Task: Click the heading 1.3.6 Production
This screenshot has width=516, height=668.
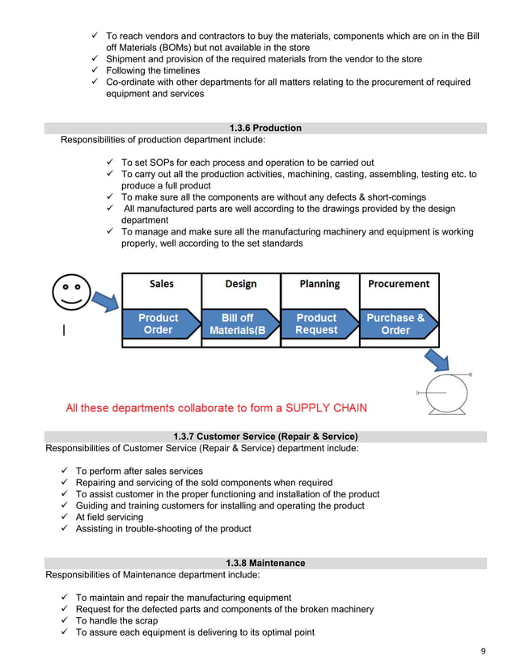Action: pyautogui.click(x=265, y=128)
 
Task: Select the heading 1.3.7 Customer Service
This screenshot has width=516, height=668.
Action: pyautogui.click(x=265, y=437)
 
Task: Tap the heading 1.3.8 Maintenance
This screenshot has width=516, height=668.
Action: pyautogui.click(x=265, y=563)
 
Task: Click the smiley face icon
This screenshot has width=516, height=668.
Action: pyautogui.click(x=70, y=290)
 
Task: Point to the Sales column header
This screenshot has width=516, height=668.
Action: pyautogui.click(x=161, y=284)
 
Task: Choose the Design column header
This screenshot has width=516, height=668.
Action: pyautogui.click(x=240, y=284)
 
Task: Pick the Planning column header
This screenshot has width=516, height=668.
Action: pyautogui.click(x=319, y=284)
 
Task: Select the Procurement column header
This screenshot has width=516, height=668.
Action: pyautogui.click(x=399, y=284)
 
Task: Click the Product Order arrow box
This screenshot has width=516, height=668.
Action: pyautogui.click(x=159, y=324)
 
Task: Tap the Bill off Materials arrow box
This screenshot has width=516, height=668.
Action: pyautogui.click(x=239, y=324)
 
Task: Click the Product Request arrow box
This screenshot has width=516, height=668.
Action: pyautogui.click(x=318, y=324)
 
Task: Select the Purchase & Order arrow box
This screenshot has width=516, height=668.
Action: pyautogui.click(x=397, y=324)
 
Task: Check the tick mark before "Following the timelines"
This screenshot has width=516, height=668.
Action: pyautogui.click(x=95, y=70)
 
